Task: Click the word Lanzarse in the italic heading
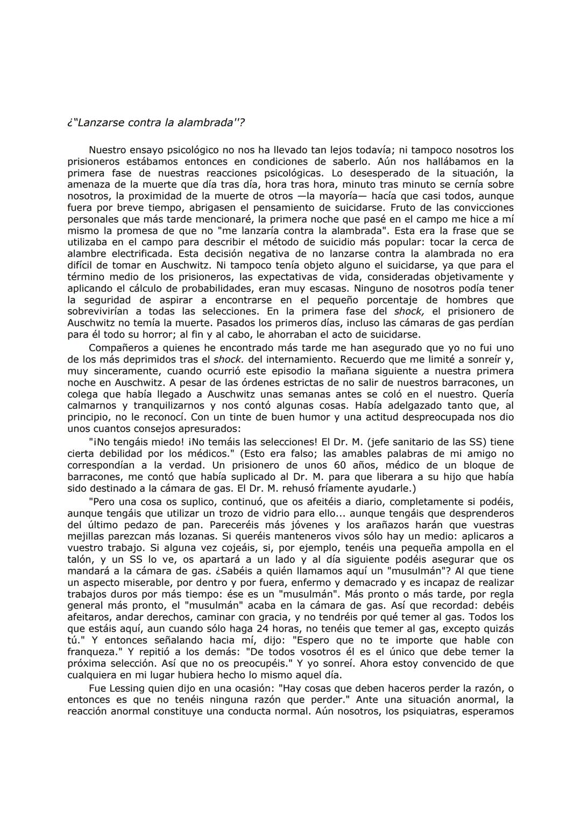100,123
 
